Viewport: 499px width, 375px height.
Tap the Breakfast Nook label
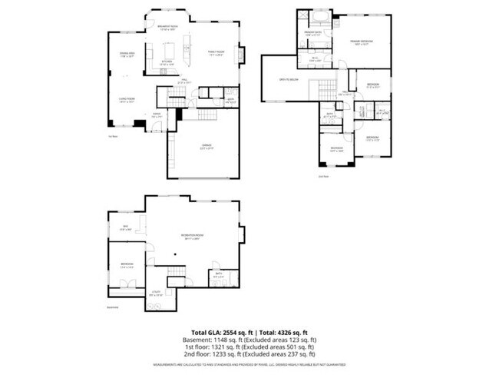[168, 28]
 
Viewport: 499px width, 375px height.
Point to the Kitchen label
[167, 63]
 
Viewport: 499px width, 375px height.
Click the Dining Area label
[127, 55]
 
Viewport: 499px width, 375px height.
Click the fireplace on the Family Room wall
[242, 55]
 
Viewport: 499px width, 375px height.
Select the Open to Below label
[287, 78]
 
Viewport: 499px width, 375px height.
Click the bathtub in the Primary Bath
[317, 16]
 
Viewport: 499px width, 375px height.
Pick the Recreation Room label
[191, 236]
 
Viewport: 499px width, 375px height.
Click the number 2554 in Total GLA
[220, 331]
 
